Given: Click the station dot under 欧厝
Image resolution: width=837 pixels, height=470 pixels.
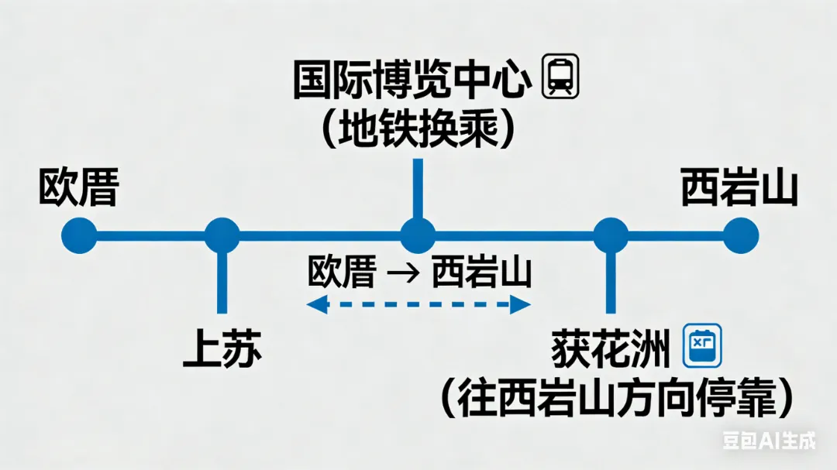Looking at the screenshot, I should click(79, 235).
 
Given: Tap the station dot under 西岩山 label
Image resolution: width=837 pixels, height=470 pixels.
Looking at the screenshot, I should click(741, 235).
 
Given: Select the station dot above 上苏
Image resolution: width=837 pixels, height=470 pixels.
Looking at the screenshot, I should click(222, 235).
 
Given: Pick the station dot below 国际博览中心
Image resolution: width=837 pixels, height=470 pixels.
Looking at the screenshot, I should click(418, 235).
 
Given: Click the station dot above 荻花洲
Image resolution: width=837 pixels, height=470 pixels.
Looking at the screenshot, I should click(611, 235).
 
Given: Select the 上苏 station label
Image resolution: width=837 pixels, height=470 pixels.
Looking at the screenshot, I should click(222, 349).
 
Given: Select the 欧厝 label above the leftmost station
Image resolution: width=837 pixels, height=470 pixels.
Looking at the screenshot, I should click(78, 189).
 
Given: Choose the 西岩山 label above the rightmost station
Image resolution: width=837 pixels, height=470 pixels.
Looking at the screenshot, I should click(739, 188).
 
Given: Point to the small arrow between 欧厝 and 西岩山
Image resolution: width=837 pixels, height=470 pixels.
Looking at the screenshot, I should click(404, 273).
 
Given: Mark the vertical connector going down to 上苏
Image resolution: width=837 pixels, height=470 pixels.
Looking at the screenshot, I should click(222, 283).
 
